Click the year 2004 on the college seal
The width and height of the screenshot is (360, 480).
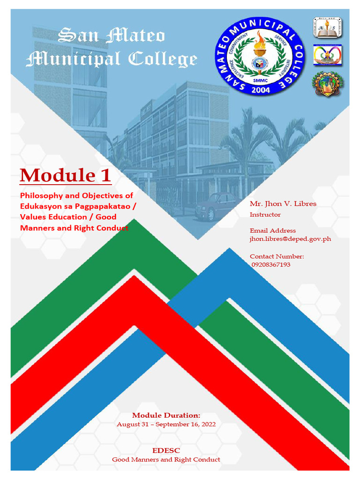click(x=261, y=90)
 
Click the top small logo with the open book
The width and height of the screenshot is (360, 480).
click(x=327, y=28)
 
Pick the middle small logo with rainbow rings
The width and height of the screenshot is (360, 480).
click(x=327, y=55)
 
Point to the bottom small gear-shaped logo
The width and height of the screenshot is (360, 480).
click(x=328, y=83)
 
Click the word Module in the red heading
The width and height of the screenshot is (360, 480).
click(x=56, y=175)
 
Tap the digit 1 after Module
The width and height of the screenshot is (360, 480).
click(x=105, y=175)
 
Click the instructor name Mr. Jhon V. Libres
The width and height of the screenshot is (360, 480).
click(x=283, y=203)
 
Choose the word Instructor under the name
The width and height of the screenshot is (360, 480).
click(x=265, y=215)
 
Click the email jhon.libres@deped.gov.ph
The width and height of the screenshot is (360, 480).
click(x=290, y=239)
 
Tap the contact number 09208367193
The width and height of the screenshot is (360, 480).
click(x=271, y=264)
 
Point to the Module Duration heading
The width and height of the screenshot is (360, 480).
click(x=166, y=415)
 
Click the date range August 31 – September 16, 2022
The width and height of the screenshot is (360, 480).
click(x=166, y=424)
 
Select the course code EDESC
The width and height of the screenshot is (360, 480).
click(x=166, y=450)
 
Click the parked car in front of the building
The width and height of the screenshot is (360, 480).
click(x=215, y=206)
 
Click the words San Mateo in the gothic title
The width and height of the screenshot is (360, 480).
click(x=111, y=36)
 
